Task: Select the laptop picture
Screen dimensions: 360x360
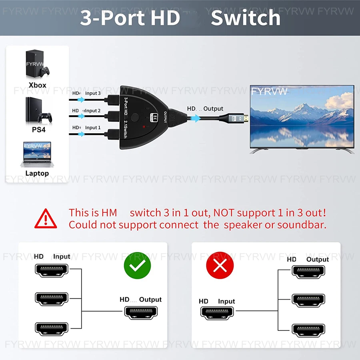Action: pos(37,154)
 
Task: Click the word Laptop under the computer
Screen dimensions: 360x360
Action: pos(37,173)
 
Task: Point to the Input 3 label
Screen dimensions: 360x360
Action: pos(93,93)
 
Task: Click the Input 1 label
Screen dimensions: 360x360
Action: pos(93,127)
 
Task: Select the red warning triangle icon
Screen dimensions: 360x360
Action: pos(46,218)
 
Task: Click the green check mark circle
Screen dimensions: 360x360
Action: pos(137,266)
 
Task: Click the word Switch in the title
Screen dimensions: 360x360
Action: pos(246,18)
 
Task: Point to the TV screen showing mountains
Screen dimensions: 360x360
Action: pos(302,116)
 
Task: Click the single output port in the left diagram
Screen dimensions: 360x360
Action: pos(140,312)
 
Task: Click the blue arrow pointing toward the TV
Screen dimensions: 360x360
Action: pos(196,118)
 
